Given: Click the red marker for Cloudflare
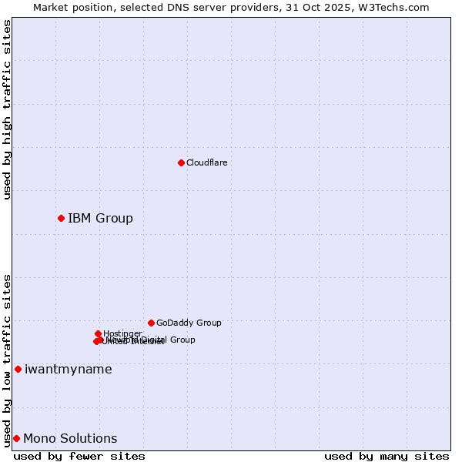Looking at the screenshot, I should point(181,162).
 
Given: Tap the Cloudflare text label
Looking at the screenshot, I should point(206,162).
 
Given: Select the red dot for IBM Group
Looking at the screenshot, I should point(61,218).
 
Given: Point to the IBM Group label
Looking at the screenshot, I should point(100,218).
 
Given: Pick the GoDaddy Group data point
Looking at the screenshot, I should point(151,323).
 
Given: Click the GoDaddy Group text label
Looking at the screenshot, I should point(189,323).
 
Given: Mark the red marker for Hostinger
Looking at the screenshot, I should point(98,333).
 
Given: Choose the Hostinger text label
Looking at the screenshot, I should point(122,333).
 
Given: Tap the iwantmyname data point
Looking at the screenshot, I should point(18,369).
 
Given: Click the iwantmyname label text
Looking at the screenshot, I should point(68,369).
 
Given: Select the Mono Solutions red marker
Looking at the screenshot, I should point(16,438).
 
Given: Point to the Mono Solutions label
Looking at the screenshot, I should point(70,438).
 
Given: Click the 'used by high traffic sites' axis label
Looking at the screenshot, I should point(7,109).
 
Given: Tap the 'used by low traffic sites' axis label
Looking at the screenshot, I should point(7,360).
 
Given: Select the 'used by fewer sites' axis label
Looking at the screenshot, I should point(79,456).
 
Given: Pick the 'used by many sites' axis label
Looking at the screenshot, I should point(387,456).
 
